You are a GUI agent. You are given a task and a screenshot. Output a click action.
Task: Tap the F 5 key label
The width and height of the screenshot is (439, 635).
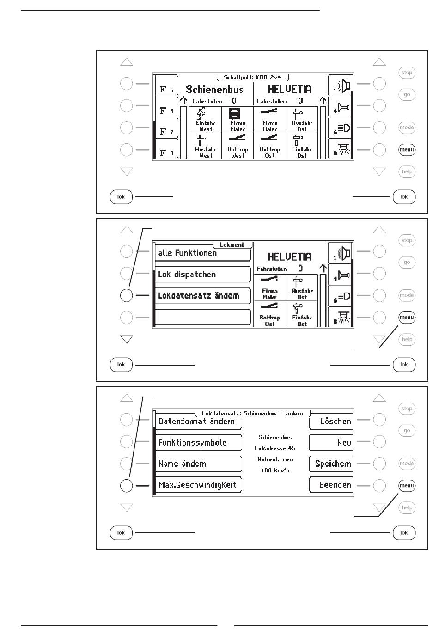166,90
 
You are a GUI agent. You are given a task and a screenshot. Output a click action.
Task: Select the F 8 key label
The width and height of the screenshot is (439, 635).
166,153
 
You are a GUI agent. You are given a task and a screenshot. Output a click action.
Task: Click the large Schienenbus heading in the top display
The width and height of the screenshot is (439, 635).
214,89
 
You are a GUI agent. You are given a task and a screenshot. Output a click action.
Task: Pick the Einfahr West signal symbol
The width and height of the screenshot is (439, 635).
202,114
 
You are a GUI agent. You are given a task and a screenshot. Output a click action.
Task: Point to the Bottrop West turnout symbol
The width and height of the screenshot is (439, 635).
238,138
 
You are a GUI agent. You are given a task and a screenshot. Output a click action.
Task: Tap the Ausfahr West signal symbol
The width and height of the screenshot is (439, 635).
202,139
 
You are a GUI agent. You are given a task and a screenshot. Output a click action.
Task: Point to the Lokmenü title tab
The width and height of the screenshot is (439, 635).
232,245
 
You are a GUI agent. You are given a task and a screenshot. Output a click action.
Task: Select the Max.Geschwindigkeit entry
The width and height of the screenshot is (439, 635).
198,485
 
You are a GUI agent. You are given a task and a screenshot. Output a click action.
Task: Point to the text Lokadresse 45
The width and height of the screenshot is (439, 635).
275,448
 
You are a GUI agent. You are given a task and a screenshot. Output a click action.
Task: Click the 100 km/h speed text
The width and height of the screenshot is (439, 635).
275,470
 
